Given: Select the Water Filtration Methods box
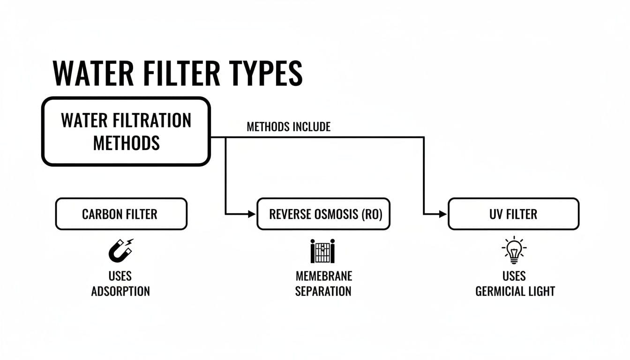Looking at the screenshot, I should pyautogui.click(x=126, y=131).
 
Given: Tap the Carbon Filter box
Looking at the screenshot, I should pyautogui.click(x=121, y=214).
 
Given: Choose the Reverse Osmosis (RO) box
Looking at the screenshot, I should pyautogui.click(x=323, y=214).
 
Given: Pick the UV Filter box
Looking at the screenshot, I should pyautogui.click(x=513, y=214).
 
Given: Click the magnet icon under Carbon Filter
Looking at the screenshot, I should pyautogui.click(x=120, y=250).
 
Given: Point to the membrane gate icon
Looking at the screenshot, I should pyautogui.click(x=323, y=251).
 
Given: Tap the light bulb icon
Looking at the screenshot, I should pyautogui.click(x=514, y=250).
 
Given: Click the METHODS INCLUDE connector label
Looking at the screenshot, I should pyautogui.click(x=288, y=127).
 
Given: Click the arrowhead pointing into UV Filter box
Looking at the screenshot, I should pyautogui.click(x=443, y=214).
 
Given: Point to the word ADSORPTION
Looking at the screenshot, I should pyautogui.click(x=120, y=291).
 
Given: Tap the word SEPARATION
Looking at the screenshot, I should pyautogui.click(x=323, y=291).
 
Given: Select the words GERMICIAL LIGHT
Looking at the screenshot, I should pyautogui.click(x=515, y=291).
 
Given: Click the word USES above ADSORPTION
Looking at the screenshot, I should pyautogui.click(x=120, y=276).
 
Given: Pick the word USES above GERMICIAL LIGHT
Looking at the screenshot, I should pyautogui.click(x=514, y=276).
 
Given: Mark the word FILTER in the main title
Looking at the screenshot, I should pyautogui.click(x=180, y=74).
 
